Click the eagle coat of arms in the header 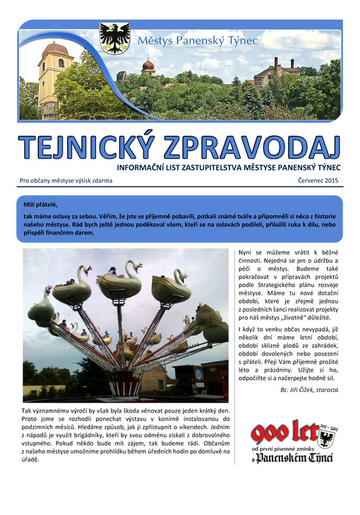pos(115,38)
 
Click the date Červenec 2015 pos(320,180)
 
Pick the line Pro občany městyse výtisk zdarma pos(66,180)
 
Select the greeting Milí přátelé pos(40,204)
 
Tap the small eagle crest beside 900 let pos(325,438)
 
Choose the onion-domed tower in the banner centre pos(148,67)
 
